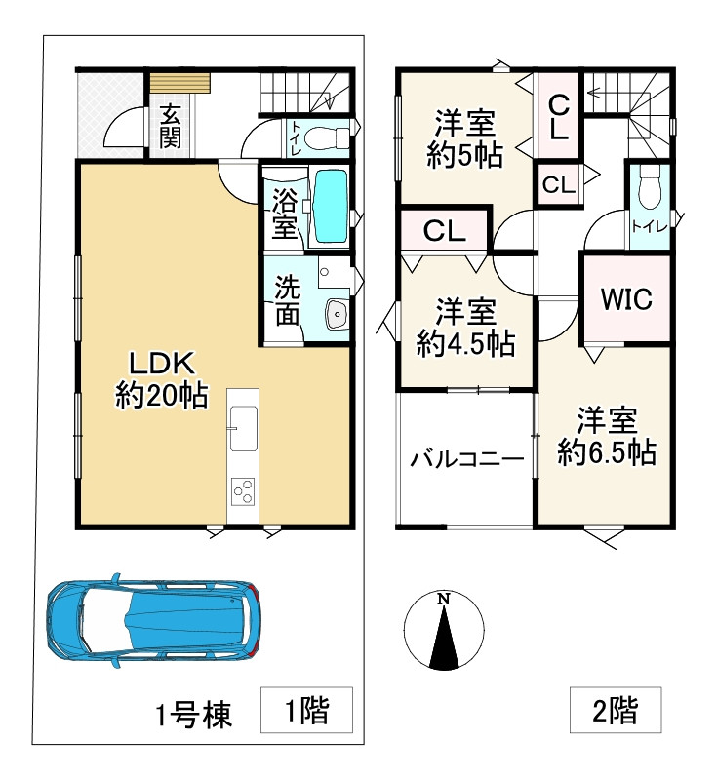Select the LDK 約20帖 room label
click(x=161, y=380)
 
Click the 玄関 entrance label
click(x=170, y=126)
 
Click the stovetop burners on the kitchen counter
click(x=243, y=490)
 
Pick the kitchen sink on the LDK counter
click(x=242, y=422)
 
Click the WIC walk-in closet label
click(x=625, y=298)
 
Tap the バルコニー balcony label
click(x=466, y=458)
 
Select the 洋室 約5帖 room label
click(x=465, y=139)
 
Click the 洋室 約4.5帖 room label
click(x=465, y=329)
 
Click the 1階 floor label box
click(x=306, y=712)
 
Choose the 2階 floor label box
click(x=616, y=712)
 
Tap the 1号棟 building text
click(x=194, y=716)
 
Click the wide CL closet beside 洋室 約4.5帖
click(x=444, y=232)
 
